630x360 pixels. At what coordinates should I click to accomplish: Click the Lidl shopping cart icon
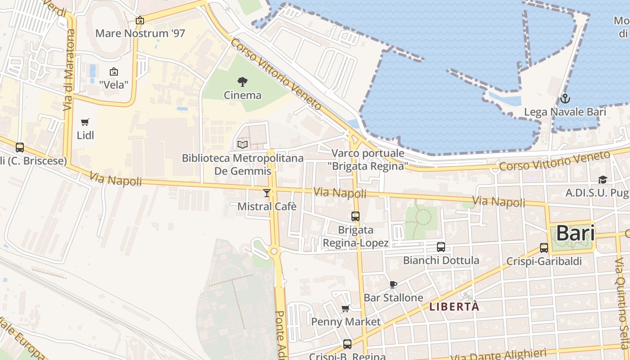[85, 122]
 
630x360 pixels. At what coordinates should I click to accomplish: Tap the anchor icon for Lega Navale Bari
[565, 99]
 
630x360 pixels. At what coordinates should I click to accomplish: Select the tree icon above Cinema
[243, 82]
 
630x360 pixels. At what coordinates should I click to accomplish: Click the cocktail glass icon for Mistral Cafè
[267, 193]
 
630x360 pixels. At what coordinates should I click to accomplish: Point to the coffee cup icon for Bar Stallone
[393, 284]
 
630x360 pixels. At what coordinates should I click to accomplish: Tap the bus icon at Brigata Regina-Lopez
[355, 216]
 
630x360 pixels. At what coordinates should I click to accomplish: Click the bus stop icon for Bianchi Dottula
[441, 247]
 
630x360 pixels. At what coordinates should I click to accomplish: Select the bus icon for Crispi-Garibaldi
[544, 248]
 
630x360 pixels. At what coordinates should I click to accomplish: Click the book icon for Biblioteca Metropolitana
[243, 144]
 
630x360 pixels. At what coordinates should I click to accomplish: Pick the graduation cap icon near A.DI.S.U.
[602, 180]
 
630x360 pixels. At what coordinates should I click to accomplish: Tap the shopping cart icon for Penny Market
[346, 308]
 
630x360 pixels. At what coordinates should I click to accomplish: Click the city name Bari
[575, 234]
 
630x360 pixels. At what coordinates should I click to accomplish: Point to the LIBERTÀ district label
[454, 307]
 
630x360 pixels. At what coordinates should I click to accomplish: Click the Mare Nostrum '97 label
[140, 33]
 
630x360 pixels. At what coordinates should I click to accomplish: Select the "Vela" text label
[114, 85]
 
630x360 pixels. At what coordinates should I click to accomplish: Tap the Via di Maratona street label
[69, 70]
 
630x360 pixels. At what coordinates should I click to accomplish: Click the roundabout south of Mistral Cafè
[274, 251]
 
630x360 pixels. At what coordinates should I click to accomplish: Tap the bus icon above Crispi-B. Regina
[347, 344]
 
